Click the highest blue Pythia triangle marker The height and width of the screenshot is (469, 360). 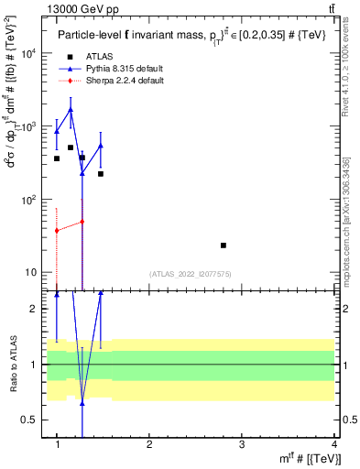tap(71, 109)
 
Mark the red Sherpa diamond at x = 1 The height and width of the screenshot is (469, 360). tap(57, 231)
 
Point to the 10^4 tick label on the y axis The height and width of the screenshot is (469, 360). tap(29, 53)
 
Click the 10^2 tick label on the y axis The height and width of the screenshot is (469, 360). tap(29, 200)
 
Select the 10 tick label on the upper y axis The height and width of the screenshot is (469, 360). tap(32, 273)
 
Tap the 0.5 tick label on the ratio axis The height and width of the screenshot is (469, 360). tap(30, 420)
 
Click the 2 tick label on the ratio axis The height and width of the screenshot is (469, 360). tap(35, 309)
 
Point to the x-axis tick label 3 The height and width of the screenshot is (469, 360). tap(242, 444)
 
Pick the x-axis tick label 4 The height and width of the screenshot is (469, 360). tap(333, 444)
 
